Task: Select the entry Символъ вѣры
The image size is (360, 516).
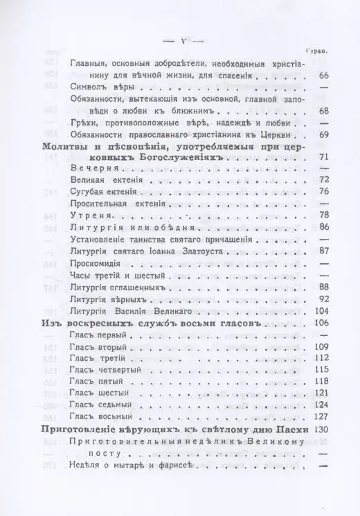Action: click(x=101, y=89)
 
